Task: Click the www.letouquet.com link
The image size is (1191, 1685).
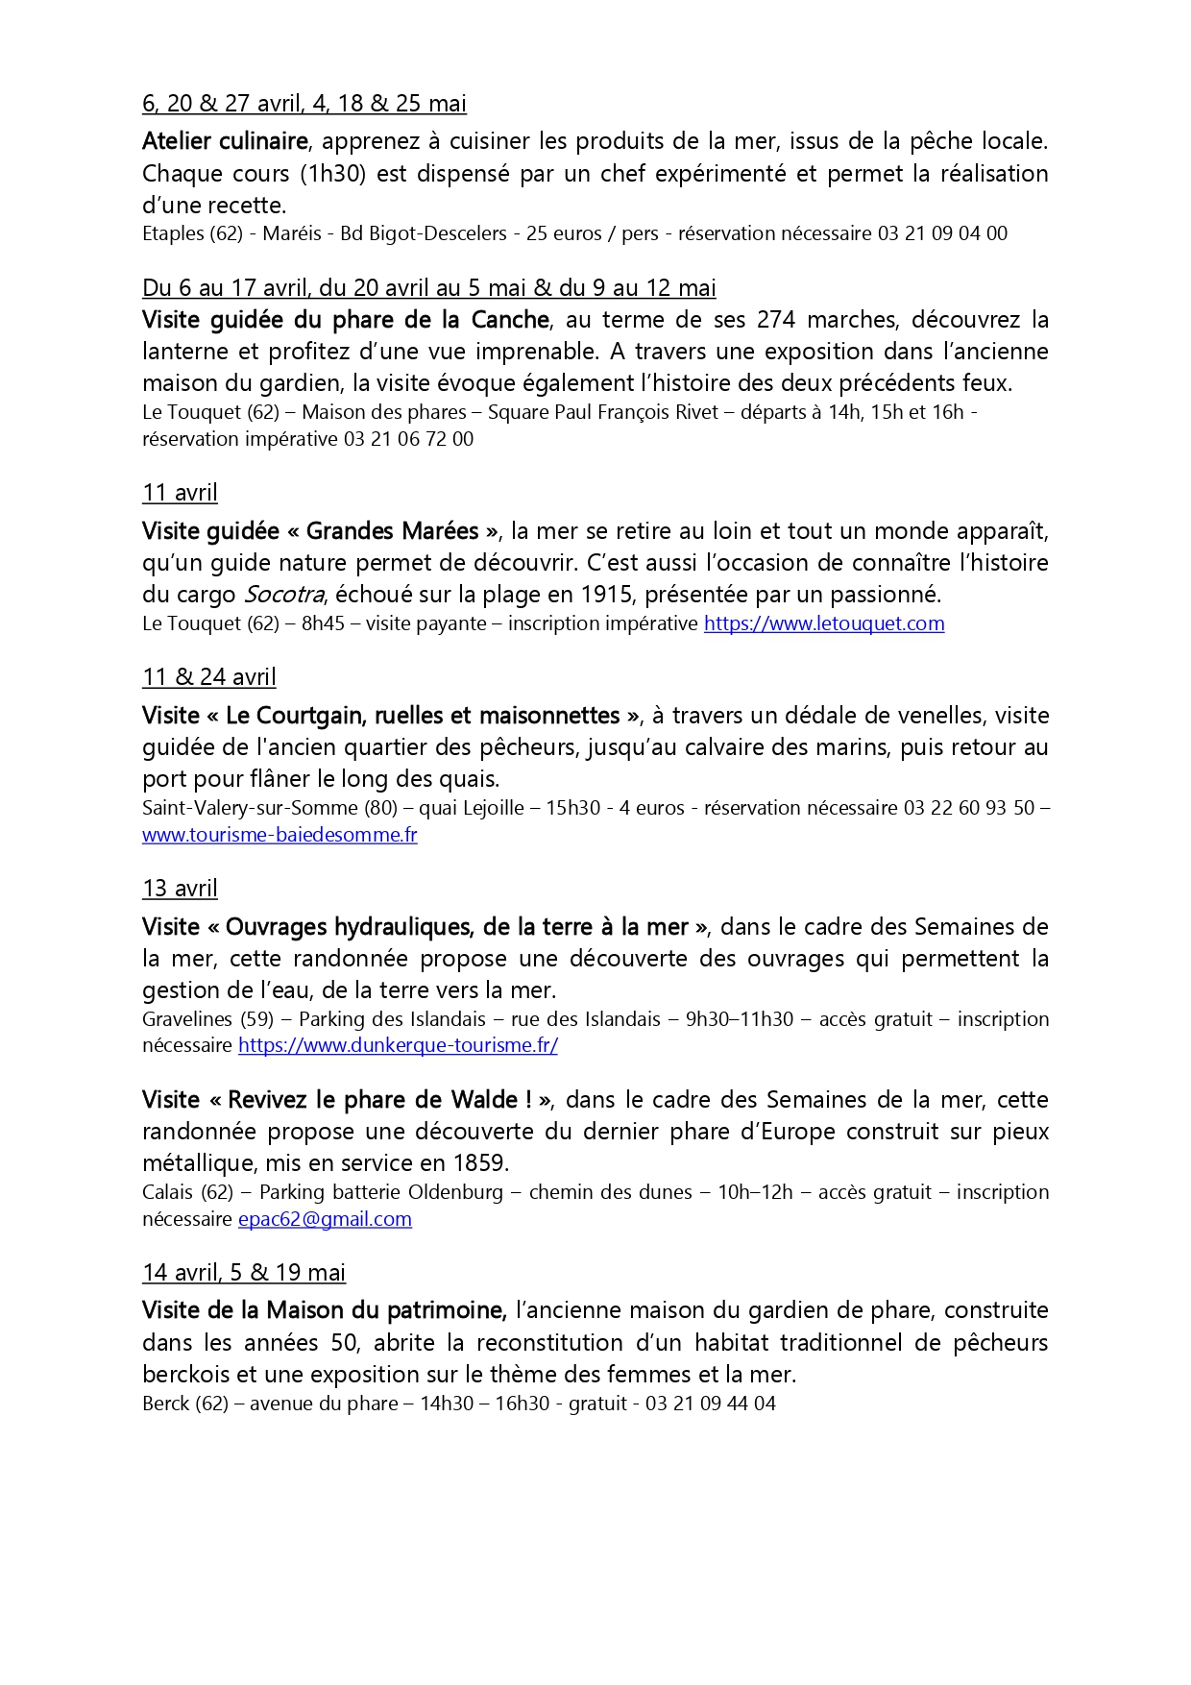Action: [x=824, y=623]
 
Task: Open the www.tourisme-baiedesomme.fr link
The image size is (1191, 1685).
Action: [x=280, y=835]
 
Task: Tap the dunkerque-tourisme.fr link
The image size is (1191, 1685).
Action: [x=398, y=1045]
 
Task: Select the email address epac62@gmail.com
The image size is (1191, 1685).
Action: [x=325, y=1219]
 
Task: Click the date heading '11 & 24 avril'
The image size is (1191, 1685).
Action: [x=209, y=677]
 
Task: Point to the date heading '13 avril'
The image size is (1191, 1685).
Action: [x=180, y=889]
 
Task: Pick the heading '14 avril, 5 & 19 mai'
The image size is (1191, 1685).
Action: [x=244, y=1273]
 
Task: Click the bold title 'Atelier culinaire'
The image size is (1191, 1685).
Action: [x=225, y=141]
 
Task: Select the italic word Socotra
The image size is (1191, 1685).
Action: [x=283, y=595]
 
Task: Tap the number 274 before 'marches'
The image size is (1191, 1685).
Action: [x=776, y=319]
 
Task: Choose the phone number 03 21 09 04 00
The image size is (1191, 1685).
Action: [x=942, y=233]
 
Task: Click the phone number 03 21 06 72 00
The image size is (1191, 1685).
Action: [x=408, y=439]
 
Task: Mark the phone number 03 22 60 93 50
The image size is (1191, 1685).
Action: [x=968, y=808]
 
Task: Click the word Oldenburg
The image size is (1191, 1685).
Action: [x=455, y=1192]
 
